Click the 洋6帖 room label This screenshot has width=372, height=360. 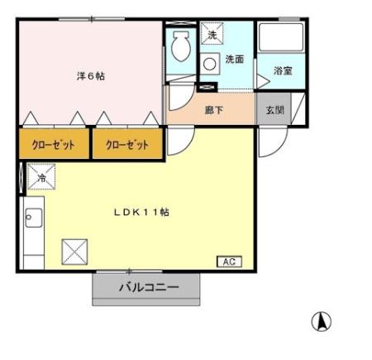point(90,75)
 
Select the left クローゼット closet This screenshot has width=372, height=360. point(54,144)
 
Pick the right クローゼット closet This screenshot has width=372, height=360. point(126,144)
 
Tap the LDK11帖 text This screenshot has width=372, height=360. point(141,212)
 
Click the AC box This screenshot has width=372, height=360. point(229,262)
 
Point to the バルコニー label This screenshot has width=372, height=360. point(147,289)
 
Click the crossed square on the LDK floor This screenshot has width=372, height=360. point(74,250)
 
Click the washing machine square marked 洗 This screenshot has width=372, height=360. point(212,35)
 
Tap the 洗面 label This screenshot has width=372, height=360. point(234,60)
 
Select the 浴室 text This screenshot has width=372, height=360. point(282,70)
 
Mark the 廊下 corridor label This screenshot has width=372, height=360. point(213,109)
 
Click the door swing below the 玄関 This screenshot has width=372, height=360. point(269,142)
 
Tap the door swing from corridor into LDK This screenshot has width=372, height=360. point(178,141)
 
